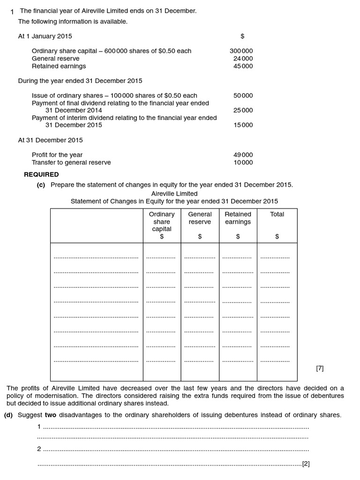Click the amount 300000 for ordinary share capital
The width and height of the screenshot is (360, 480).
click(x=241, y=51)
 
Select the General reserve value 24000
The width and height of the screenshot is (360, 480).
click(x=243, y=59)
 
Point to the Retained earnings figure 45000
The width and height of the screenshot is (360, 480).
click(x=243, y=66)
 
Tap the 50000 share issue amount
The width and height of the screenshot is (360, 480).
click(x=243, y=96)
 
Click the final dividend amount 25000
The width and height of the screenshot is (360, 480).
click(x=243, y=111)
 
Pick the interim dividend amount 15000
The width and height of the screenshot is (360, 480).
click(x=243, y=125)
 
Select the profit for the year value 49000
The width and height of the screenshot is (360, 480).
click(x=243, y=155)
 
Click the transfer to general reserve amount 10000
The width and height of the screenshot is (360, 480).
click(x=243, y=163)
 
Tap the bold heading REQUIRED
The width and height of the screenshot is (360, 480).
click(x=41, y=174)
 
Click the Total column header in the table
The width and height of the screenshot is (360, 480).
click(x=277, y=214)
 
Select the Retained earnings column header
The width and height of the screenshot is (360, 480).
click(x=238, y=218)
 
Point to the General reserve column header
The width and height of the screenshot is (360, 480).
click(x=200, y=218)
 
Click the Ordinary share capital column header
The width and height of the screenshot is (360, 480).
click(x=162, y=222)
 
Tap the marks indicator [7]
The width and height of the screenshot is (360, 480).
click(x=320, y=368)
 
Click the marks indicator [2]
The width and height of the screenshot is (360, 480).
click(x=306, y=464)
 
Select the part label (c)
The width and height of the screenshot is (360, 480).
click(x=41, y=185)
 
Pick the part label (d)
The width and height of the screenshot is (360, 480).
click(x=8, y=415)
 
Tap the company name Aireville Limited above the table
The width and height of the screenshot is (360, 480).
click(x=174, y=194)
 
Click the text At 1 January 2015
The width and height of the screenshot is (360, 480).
click(x=45, y=36)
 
